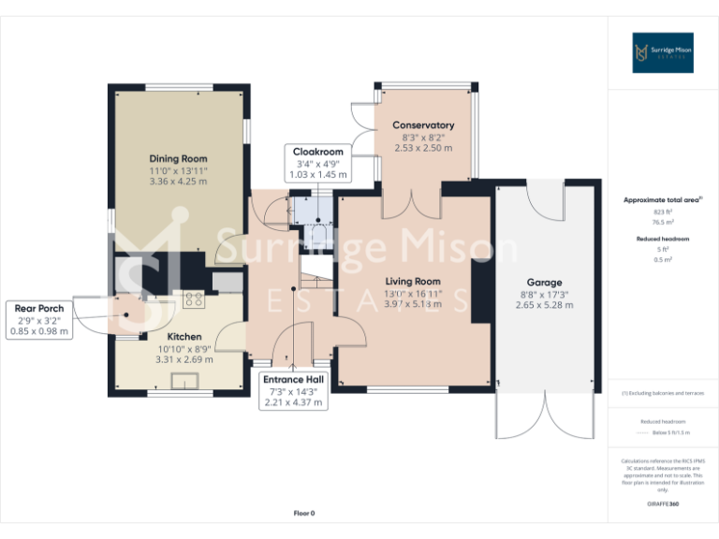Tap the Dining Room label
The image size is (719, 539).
178,158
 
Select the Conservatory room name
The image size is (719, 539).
423,124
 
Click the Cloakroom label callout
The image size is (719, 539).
318,162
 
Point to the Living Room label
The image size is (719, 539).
413,281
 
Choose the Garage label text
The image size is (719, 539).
544,282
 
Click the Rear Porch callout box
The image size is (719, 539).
39,319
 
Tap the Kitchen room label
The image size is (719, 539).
184,336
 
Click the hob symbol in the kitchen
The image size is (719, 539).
194,299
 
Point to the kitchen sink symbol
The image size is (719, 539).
183,379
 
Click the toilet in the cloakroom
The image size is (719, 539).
318,225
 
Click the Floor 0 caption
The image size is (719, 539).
304,513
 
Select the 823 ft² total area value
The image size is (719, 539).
663,212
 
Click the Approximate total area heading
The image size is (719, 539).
662,200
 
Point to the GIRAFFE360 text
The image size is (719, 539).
663,504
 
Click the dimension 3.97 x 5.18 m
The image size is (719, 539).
413,304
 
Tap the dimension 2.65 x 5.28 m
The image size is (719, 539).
544,305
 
